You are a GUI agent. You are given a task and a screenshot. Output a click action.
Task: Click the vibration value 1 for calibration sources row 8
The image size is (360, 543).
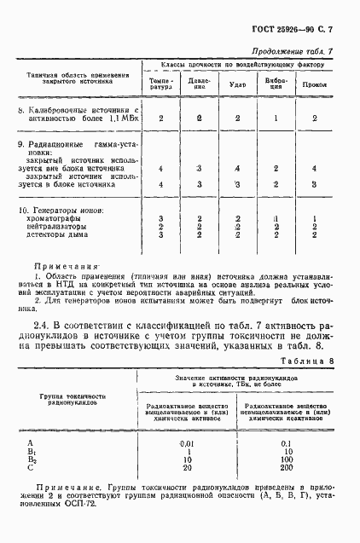(276, 118)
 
